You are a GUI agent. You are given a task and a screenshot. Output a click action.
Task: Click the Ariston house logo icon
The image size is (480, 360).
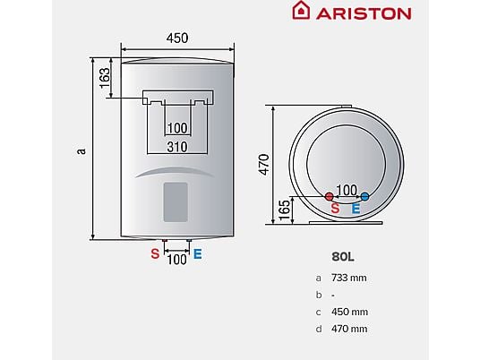pyautogui.click(x=301, y=10)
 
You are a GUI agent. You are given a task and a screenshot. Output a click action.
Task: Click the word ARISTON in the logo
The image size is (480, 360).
pyautogui.click(x=364, y=13)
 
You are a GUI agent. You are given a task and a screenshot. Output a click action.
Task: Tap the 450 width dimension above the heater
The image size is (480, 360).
pyautogui.click(x=177, y=39)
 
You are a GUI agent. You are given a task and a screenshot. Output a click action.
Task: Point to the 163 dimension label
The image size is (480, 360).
pyautogui.click(x=105, y=78)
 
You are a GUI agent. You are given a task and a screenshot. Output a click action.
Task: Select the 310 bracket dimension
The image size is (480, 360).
pyautogui.click(x=177, y=147)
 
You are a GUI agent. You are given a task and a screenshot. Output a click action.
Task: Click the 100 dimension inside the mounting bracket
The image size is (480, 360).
pyautogui.click(x=177, y=128)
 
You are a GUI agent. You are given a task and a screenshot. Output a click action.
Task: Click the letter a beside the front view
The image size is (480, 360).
pyautogui.click(x=81, y=151)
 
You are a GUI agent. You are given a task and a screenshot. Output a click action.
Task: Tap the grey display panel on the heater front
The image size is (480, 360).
pyautogui.click(x=176, y=202)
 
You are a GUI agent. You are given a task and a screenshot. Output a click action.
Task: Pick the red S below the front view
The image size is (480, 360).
pyautogui.click(x=155, y=253)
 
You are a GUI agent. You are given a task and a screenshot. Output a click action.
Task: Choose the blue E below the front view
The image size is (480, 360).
pyautogui.click(x=197, y=253)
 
